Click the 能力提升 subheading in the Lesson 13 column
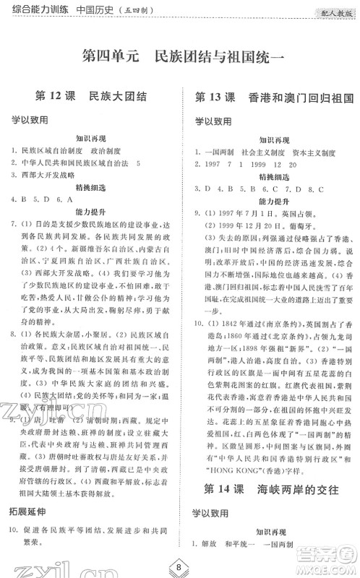click(x=272, y=221)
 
